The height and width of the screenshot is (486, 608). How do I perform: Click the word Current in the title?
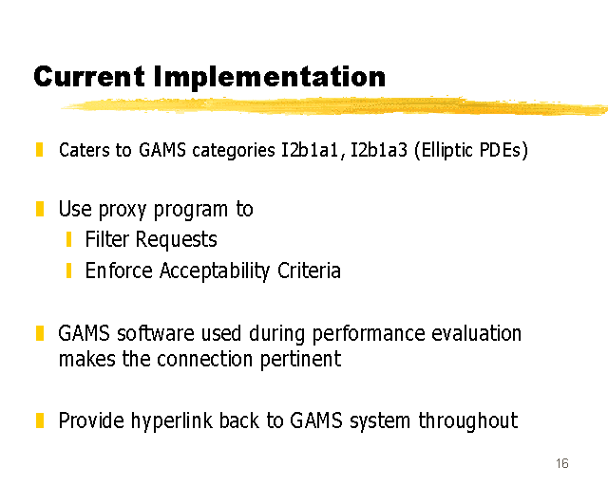[89, 76]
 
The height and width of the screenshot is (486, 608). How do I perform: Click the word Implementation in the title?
[270, 78]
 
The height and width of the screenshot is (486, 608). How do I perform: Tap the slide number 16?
[561, 463]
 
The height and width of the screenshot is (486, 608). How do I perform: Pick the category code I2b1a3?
[379, 150]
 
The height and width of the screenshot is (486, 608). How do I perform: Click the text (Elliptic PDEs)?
[471, 150]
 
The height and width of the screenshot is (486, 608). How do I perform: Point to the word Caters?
[85, 150]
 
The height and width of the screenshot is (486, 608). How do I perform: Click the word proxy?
[123, 210]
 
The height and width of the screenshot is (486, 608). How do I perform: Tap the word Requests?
[176, 240]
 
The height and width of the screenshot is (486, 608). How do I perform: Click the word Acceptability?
[215, 271]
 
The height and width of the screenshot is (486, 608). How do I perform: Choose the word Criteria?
[309, 271]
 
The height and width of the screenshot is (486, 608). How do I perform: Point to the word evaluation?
[477, 333]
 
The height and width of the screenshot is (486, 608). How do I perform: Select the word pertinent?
[300, 360]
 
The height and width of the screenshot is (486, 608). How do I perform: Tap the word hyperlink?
[172, 421]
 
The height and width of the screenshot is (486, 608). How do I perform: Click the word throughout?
[468, 421]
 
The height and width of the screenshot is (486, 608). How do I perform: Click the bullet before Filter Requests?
[68, 239]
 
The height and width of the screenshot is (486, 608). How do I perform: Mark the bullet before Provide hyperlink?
[40, 421]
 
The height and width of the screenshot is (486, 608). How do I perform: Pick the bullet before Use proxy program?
[40, 209]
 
